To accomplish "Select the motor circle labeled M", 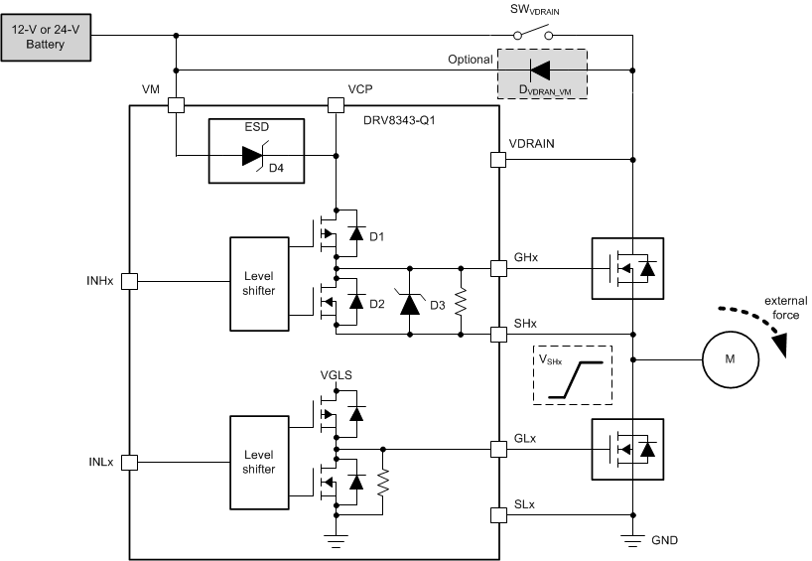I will [730, 357].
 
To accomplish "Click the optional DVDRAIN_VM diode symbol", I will [540, 70].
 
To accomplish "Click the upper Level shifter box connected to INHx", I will [258, 283].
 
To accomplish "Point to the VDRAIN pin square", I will [498, 159].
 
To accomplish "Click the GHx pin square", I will [498, 268].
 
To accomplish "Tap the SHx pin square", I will [498, 334].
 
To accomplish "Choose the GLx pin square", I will [498, 449].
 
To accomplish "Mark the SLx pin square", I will [498, 514].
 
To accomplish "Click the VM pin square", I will [176, 103].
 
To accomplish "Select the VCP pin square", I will [336, 103].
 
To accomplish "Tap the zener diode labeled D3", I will [409, 301].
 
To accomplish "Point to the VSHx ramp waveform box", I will [573, 374].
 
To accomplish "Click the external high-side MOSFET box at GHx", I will [626, 268].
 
